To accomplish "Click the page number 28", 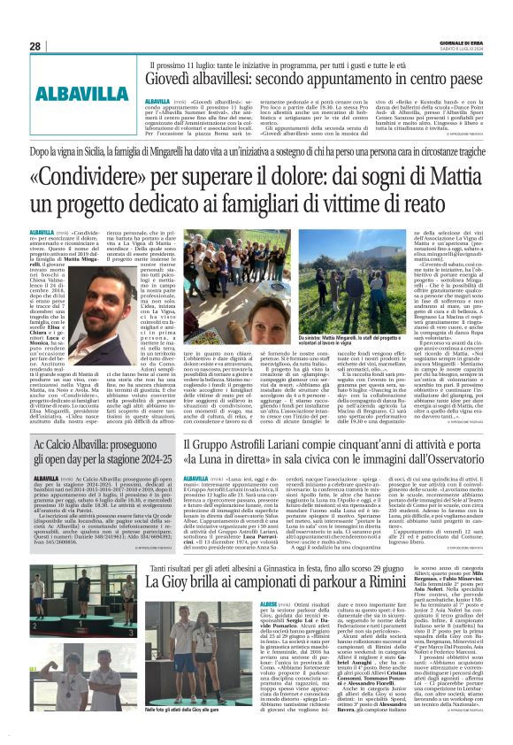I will pos(35,46).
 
